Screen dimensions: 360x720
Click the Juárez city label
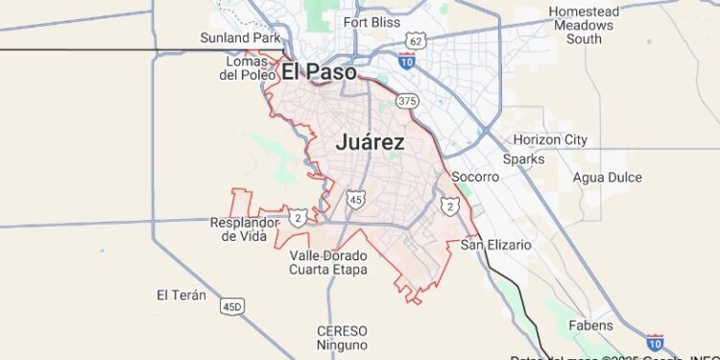click(370, 142)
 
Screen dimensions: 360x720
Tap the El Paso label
click(319, 72)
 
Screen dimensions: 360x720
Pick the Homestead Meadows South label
click(584, 25)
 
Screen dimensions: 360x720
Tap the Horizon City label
click(550, 140)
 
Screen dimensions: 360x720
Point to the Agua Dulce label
click(607, 178)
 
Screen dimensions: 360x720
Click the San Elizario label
click(495, 245)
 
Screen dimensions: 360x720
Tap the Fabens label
click(590, 325)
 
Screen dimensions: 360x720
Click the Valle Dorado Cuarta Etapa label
click(328, 262)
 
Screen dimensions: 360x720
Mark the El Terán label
click(181, 295)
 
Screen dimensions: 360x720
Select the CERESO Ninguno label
click(342, 337)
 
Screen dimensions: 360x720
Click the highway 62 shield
click(415, 41)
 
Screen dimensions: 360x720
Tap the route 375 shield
click(407, 101)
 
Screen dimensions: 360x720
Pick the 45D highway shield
click(232, 306)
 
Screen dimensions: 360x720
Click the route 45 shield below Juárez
click(355, 199)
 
